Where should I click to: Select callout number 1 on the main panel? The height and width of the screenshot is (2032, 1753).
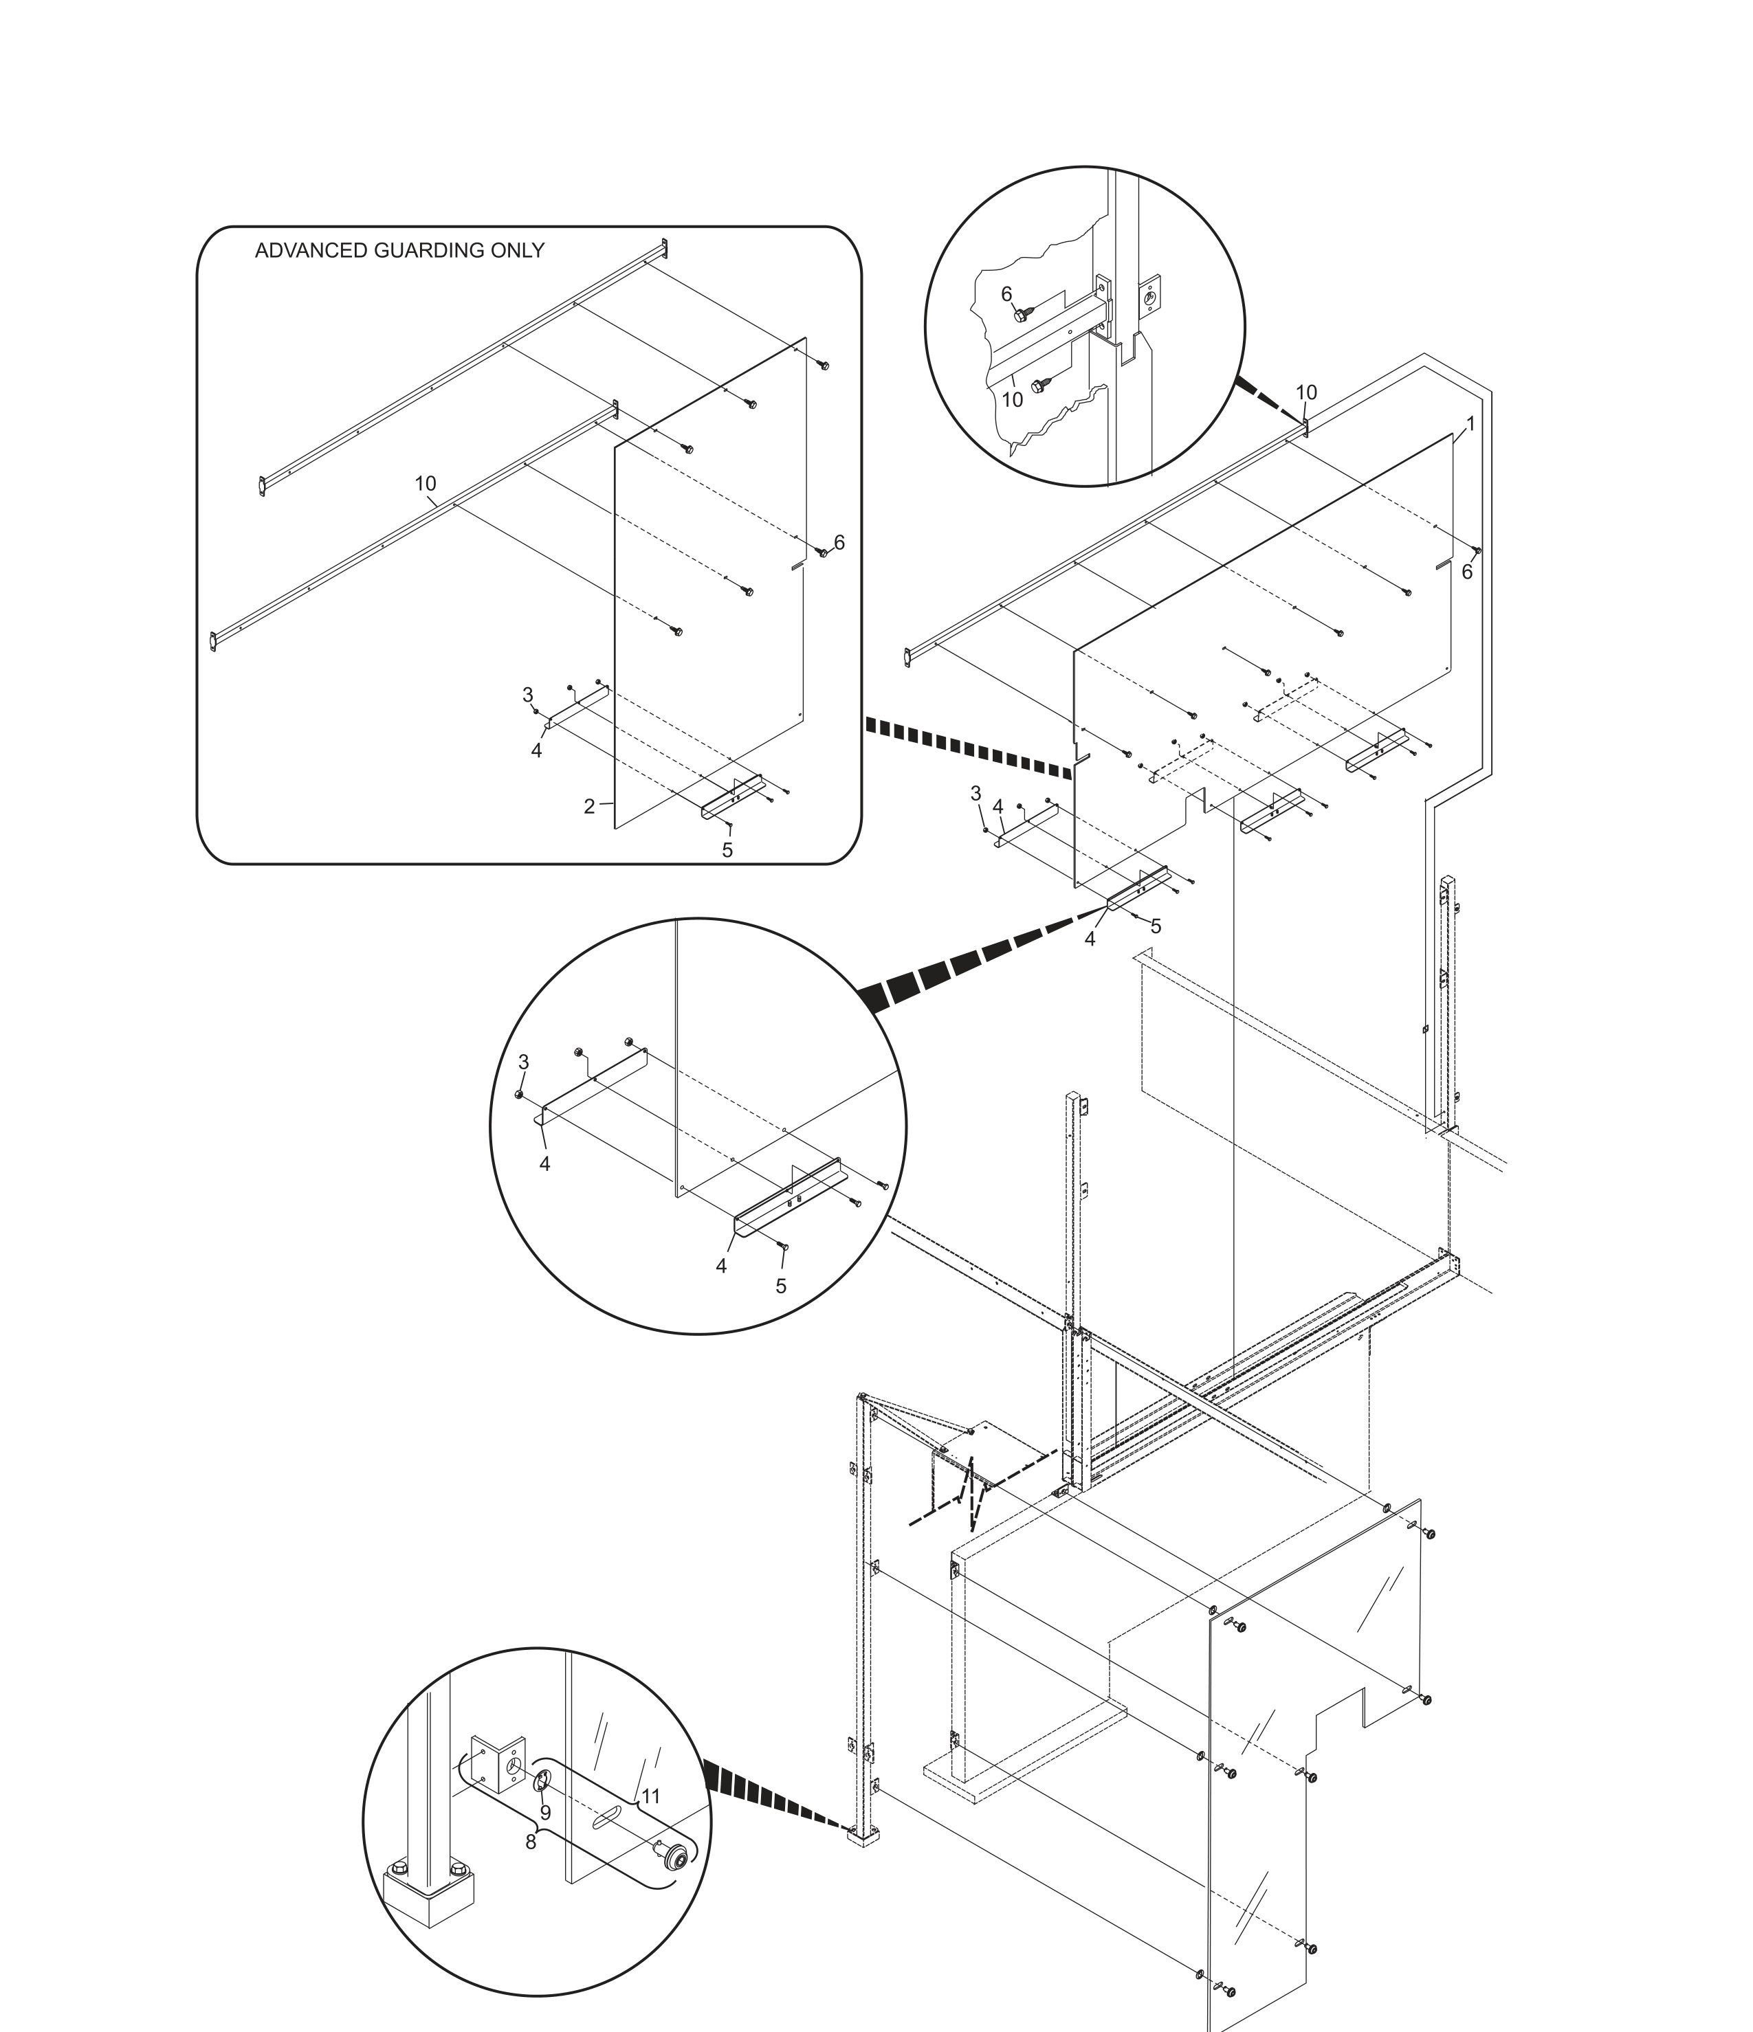click(x=1470, y=425)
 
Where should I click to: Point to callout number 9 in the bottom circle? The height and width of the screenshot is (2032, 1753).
click(x=545, y=1813)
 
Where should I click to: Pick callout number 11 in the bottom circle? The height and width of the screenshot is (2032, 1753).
click(x=650, y=1796)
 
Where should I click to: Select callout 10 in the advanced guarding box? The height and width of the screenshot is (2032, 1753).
click(x=425, y=484)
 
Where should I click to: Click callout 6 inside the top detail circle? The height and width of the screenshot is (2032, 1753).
click(x=1006, y=294)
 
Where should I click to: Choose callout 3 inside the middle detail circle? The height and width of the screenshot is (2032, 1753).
click(x=523, y=1062)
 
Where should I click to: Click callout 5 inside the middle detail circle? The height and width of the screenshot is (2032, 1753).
click(x=781, y=1286)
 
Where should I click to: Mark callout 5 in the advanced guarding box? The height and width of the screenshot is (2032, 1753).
click(x=727, y=850)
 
